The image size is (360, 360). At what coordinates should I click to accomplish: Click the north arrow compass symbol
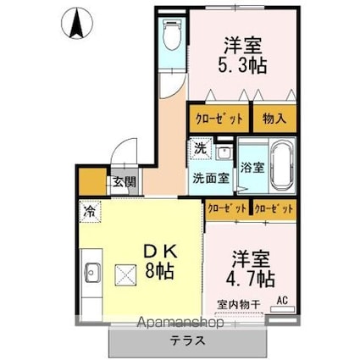(77, 23)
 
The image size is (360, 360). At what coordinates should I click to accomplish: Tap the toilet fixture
(172, 35)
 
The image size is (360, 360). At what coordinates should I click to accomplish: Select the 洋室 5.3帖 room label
(242, 56)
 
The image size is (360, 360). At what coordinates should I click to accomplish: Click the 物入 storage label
(274, 119)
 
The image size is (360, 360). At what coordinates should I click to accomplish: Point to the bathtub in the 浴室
(280, 167)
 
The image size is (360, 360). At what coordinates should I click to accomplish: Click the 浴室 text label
(252, 168)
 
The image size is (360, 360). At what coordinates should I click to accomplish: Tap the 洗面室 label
(211, 179)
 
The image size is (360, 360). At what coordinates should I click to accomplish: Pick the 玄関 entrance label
(125, 181)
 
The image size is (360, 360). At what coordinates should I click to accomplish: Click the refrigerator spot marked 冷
(90, 211)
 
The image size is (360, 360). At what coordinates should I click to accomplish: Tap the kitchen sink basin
(92, 273)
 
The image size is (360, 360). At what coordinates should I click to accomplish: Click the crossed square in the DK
(125, 275)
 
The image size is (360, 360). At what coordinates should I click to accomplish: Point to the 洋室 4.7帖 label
(250, 269)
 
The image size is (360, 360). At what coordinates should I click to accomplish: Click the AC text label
(282, 301)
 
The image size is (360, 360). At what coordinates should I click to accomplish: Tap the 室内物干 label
(239, 305)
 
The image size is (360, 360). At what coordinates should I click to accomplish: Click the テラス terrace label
(187, 341)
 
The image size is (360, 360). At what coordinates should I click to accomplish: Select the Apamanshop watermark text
(180, 323)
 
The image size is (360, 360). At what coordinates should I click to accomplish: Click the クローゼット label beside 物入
(219, 119)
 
